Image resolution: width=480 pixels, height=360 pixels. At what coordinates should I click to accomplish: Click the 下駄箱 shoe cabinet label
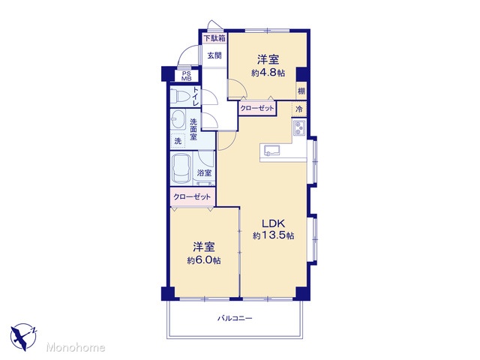click(214, 38)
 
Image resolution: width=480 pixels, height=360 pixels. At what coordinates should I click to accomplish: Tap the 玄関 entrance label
click(214, 55)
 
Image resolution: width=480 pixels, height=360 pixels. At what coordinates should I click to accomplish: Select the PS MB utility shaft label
click(186, 76)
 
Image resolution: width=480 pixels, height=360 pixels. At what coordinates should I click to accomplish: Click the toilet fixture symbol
click(180, 96)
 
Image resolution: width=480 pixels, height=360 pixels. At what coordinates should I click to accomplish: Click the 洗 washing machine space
click(178, 141)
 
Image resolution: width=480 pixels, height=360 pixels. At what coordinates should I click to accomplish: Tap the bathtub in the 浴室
click(181, 169)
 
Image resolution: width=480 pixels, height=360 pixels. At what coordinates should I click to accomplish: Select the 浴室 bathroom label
click(204, 172)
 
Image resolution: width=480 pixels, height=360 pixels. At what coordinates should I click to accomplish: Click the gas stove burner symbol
click(298, 127)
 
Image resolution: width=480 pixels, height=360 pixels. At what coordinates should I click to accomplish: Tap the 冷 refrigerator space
click(299, 109)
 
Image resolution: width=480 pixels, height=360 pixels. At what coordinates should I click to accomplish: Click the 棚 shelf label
click(301, 91)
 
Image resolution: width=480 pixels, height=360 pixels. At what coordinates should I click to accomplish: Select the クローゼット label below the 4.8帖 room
click(256, 108)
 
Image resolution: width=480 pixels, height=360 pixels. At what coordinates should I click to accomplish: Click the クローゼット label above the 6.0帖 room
click(192, 196)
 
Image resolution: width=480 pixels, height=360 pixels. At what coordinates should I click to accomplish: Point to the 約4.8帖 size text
click(268, 73)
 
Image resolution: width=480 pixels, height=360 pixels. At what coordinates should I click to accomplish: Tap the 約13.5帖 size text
click(274, 235)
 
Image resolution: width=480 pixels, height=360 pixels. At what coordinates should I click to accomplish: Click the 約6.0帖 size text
click(204, 260)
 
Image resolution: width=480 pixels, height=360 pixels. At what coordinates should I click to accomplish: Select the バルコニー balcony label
click(235, 318)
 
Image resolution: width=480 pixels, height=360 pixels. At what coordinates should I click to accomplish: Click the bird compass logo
click(23, 337)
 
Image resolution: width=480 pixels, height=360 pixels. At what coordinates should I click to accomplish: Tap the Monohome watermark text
click(76, 347)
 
